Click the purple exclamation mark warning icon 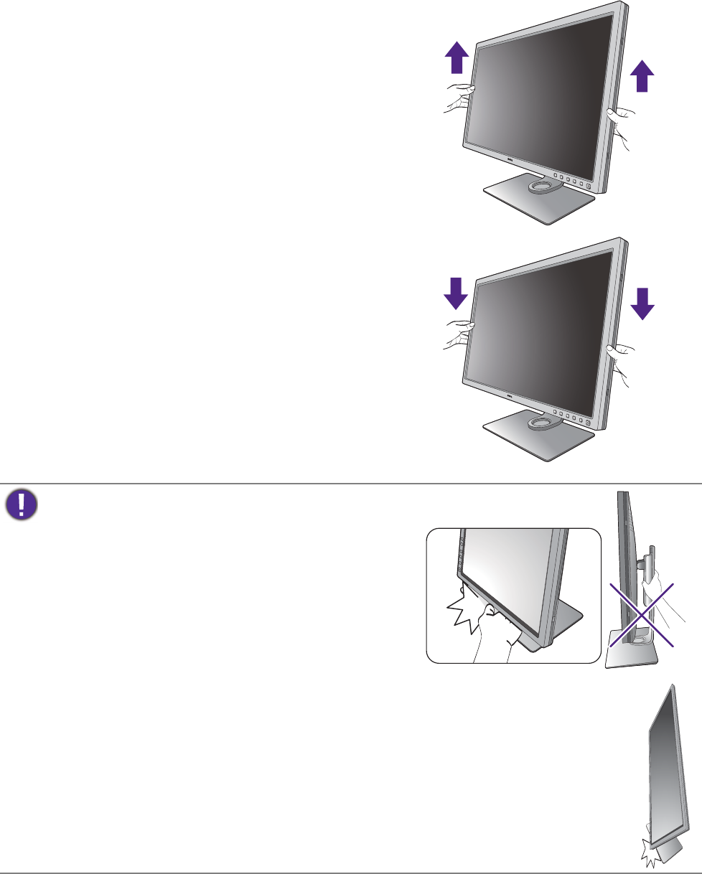[x=22, y=504]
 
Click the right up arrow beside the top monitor [x=643, y=76]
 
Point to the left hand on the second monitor [x=457, y=333]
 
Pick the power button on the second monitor [x=589, y=423]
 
